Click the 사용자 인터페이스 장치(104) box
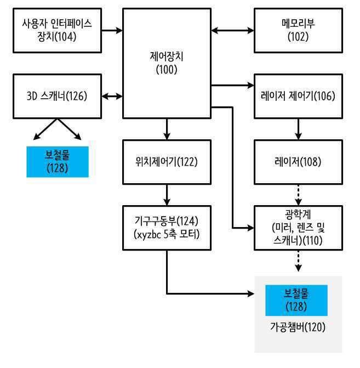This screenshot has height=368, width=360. [57, 31]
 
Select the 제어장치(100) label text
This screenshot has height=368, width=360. [167, 63]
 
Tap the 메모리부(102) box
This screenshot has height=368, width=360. [298, 31]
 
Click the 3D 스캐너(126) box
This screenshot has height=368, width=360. [57, 96]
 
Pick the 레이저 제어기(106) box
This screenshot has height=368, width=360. [298, 96]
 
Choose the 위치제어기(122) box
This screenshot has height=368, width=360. [167, 162]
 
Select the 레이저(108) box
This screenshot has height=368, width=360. [298, 162]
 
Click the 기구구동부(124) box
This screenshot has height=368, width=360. [167, 228]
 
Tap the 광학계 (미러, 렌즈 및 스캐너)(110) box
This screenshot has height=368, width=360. [298, 228]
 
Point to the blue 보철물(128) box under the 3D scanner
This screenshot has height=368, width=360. [58, 162]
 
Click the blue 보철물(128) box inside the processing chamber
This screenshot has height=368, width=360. [296, 301]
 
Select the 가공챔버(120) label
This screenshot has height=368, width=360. [298, 327]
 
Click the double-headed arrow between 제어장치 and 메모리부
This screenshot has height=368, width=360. [232, 30]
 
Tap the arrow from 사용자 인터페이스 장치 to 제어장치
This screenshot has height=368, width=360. [112, 30]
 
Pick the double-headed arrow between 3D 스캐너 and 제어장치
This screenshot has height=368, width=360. [112, 96]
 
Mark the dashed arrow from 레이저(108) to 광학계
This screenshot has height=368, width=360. [298, 195]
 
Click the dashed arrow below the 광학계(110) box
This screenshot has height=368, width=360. [298, 261]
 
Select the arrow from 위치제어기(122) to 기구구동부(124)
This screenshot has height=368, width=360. [167, 195]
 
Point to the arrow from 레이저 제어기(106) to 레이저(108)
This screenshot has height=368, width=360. [298, 129]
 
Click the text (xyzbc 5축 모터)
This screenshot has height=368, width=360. [167, 234]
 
